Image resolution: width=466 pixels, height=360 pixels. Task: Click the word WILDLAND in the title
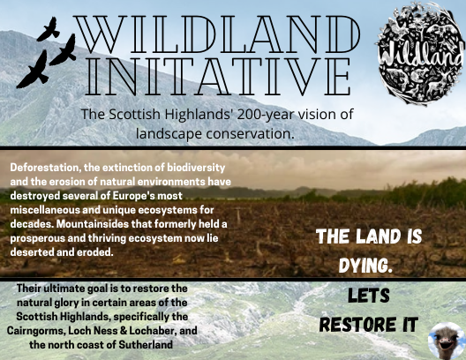[x=217, y=34]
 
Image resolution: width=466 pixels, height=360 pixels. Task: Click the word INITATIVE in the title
[x=217, y=77]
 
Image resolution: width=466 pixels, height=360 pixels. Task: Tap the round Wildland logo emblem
[x=420, y=54]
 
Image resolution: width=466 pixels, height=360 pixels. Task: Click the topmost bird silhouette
[x=49, y=29]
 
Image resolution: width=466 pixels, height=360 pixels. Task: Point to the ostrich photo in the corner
[x=447, y=341]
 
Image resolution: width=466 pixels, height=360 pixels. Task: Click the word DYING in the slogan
[x=365, y=266]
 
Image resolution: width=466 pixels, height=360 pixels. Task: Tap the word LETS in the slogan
[x=369, y=296]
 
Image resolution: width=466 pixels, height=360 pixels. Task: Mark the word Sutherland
[x=146, y=345]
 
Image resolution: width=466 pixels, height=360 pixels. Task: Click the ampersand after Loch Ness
[x=124, y=331]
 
